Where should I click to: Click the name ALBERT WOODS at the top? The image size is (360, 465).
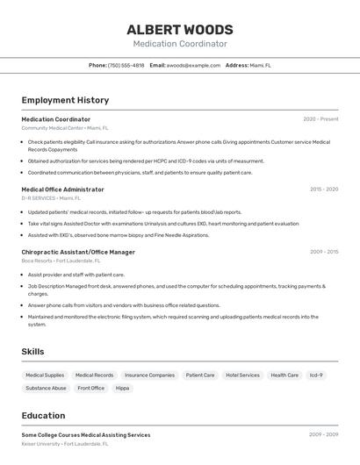pos(180,30)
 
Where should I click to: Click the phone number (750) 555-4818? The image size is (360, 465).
pos(126,65)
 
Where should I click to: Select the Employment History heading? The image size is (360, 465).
pos(65,100)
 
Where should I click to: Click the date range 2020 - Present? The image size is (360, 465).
pos(320,119)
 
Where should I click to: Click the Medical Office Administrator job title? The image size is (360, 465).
pos(62,190)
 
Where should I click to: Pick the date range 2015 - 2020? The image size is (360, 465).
pos(323,190)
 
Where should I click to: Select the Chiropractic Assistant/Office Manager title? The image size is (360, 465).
pos(78,252)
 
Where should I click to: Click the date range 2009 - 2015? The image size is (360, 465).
pos(323,252)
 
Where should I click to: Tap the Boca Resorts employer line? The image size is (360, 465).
pos(61,261)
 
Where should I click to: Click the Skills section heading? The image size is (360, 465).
pos(32,352)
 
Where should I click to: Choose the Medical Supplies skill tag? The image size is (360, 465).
pos(45,376)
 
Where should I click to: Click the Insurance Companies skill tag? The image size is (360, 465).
pos(149,376)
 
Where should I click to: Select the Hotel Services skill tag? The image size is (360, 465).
pos(242,376)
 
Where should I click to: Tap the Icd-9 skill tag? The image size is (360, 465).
pos(316,376)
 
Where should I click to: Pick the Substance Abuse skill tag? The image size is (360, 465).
pos(46,388)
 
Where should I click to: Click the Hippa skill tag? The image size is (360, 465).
pos(122,388)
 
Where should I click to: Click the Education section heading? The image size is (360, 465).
pos(43,416)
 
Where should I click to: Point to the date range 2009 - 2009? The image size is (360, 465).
pos(323,435)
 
